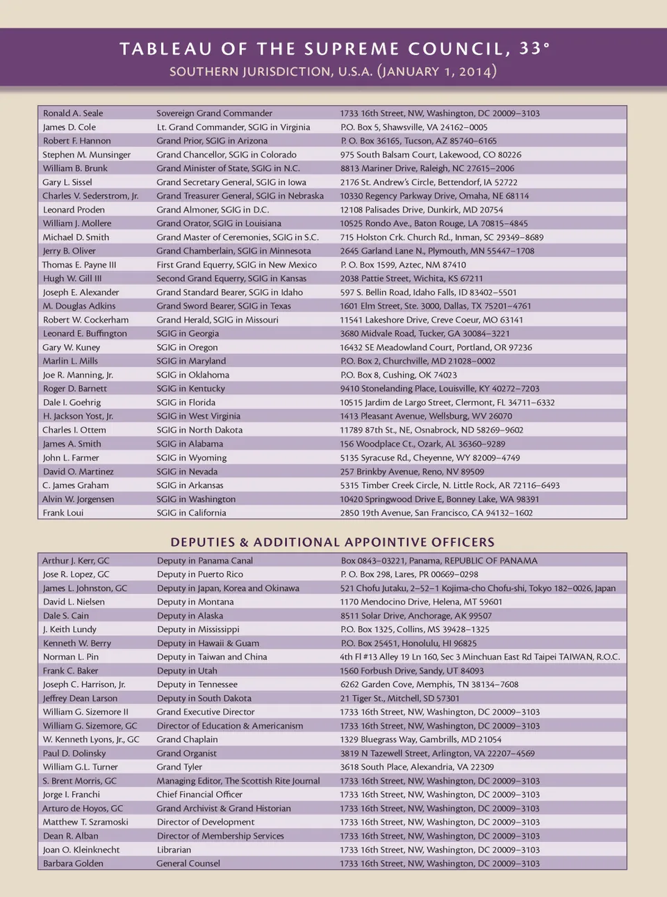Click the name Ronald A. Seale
73,113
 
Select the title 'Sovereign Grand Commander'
214,113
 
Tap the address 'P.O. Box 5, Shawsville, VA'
413,127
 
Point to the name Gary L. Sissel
67,182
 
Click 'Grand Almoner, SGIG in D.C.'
213,210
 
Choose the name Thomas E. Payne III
79,265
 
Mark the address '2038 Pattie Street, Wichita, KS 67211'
411,279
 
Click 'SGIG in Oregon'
187,348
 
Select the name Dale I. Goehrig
72,403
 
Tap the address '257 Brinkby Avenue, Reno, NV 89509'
412,471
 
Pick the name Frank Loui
63,513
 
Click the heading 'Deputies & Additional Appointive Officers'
333,542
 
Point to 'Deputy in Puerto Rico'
200,574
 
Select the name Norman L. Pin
71,657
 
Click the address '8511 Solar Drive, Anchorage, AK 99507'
415,616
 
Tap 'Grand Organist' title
186,754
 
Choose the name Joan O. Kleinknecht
81,850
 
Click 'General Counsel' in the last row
188,864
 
